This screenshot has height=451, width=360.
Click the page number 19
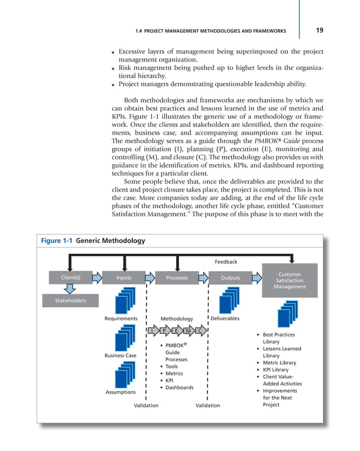[x=319, y=30]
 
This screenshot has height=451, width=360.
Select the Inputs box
[x=124, y=277]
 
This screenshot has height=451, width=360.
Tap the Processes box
[x=177, y=277]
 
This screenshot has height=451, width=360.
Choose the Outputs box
[x=230, y=277]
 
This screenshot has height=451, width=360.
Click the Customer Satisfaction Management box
[x=289, y=280]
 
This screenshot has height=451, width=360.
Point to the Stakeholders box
[x=70, y=300]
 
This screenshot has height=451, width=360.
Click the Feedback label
[x=226, y=262]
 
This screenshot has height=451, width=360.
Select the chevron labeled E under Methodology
[x=175, y=330]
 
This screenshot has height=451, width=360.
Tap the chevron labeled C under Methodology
[x=199, y=330]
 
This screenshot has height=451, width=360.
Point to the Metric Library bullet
[x=279, y=362]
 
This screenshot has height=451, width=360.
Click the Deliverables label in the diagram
[x=225, y=319]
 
